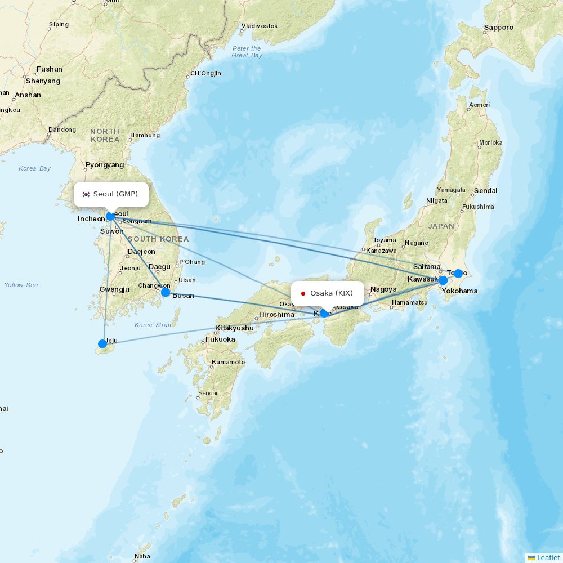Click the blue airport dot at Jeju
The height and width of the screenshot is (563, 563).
[x=102, y=344]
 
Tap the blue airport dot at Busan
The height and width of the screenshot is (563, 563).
[x=166, y=292]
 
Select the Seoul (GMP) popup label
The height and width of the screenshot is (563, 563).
[x=111, y=194]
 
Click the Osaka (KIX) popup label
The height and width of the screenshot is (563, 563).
[x=328, y=293]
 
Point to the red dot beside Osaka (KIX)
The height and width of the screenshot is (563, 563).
[x=303, y=293]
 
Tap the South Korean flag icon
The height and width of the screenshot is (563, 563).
[x=86, y=194]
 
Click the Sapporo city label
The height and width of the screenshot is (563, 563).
[x=498, y=28]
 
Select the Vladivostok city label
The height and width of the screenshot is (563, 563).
[x=260, y=26]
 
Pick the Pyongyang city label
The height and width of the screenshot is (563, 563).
[x=105, y=165]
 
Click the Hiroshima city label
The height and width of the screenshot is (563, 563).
[x=276, y=315]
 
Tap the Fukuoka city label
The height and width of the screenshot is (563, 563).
[x=220, y=339]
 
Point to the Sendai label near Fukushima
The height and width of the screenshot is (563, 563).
[x=485, y=191]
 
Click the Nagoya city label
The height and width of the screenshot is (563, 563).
[x=383, y=289]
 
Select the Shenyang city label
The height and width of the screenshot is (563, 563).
[x=43, y=81]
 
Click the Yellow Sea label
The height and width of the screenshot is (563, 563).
[x=21, y=285]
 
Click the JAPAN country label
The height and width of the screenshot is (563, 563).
[x=441, y=226]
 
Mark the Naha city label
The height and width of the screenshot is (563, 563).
[x=142, y=556]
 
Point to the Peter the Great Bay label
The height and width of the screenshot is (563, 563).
[x=247, y=52]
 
